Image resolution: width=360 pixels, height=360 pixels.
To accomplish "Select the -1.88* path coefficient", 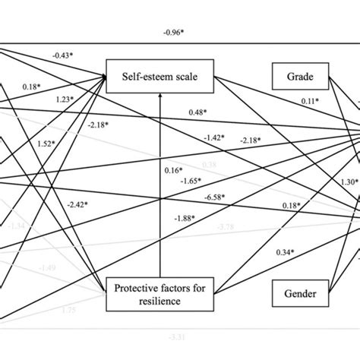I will [182, 219].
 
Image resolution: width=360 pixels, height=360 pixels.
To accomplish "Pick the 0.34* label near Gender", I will [286, 251].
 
